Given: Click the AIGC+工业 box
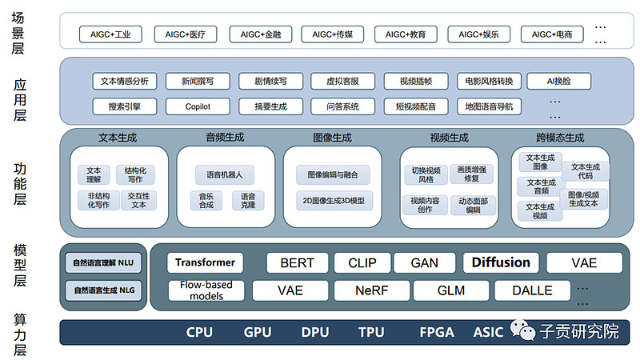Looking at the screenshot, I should (x=111, y=34).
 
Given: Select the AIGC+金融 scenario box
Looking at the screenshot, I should (x=261, y=34).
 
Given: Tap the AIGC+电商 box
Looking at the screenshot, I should (x=554, y=34).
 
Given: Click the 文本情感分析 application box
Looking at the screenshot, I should (x=125, y=81).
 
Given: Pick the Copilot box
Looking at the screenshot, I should (x=198, y=106).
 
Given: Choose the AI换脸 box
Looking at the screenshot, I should (x=558, y=81).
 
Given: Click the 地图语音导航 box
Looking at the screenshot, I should (x=489, y=106).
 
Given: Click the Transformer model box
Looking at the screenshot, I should (x=205, y=262).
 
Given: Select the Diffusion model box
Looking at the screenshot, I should (x=501, y=262).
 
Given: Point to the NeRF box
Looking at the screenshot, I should (x=371, y=290).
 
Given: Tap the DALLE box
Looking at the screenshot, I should (x=532, y=290).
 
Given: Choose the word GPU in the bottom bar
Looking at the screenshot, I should (x=258, y=332).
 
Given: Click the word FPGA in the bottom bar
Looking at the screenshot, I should (x=437, y=332).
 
